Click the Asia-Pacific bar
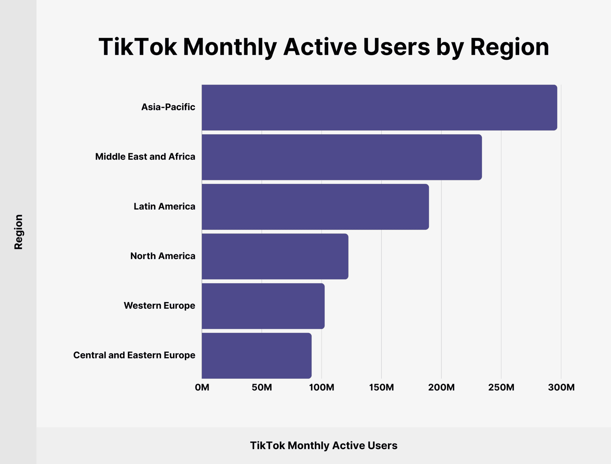[x=379, y=107]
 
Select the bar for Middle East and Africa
[x=342, y=157]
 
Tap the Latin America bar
[x=315, y=207]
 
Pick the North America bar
[x=275, y=256]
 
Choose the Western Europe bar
[x=263, y=306]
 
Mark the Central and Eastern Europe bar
[x=256, y=355]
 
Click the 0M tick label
[x=202, y=387]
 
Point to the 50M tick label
[x=262, y=387]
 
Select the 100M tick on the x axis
[x=321, y=387]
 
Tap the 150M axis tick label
[x=381, y=387]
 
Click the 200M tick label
[x=441, y=387]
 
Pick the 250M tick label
[x=501, y=387]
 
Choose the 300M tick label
[x=561, y=387]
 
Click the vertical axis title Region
[x=18, y=232]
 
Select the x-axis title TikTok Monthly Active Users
[x=323, y=446]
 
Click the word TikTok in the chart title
[x=138, y=47]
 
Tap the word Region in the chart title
[x=509, y=47]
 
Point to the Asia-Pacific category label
[x=168, y=107]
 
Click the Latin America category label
[x=164, y=206]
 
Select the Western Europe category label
[x=159, y=306]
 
